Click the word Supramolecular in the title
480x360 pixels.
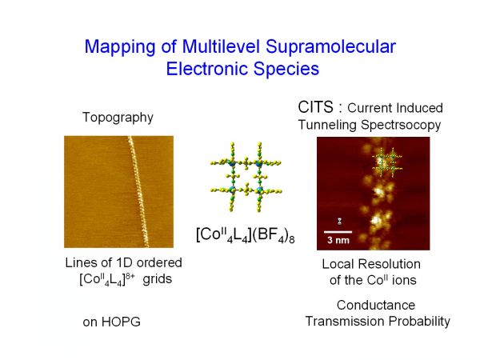click(330, 47)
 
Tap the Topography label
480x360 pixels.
click(118, 118)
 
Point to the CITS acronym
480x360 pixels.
click(316, 107)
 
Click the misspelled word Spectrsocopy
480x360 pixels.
click(401, 126)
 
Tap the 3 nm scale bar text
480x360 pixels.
click(338, 240)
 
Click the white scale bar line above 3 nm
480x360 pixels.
click(338, 232)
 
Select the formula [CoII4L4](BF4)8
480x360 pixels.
click(246, 235)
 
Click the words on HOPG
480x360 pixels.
click(111, 322)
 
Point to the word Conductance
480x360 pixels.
click(376, 306)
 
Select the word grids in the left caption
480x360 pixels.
click(158, 279)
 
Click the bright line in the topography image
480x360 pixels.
click(138, 192)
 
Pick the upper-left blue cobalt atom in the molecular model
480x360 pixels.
click(232, 163)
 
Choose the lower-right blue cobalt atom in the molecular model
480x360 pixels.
click(260, 190)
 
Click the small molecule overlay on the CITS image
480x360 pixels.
click(387, 163)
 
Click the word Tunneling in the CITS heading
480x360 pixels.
click(327, 126)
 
